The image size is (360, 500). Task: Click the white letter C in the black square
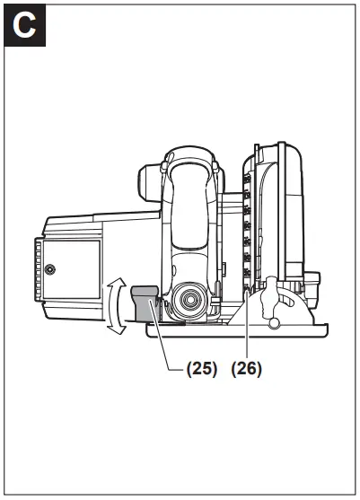coord(24,25)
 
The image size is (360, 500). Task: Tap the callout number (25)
coord(201,369)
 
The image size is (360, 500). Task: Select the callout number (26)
coord(247,369)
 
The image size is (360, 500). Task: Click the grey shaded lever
coord(145,303)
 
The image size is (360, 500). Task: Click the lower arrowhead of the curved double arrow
coord(118,329)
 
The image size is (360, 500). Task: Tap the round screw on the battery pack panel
coord(49,270)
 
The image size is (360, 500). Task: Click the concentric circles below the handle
coord(189,299)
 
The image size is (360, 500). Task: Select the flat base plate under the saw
coord(237,330)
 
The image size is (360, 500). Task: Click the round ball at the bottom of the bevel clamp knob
coord(274,322)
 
